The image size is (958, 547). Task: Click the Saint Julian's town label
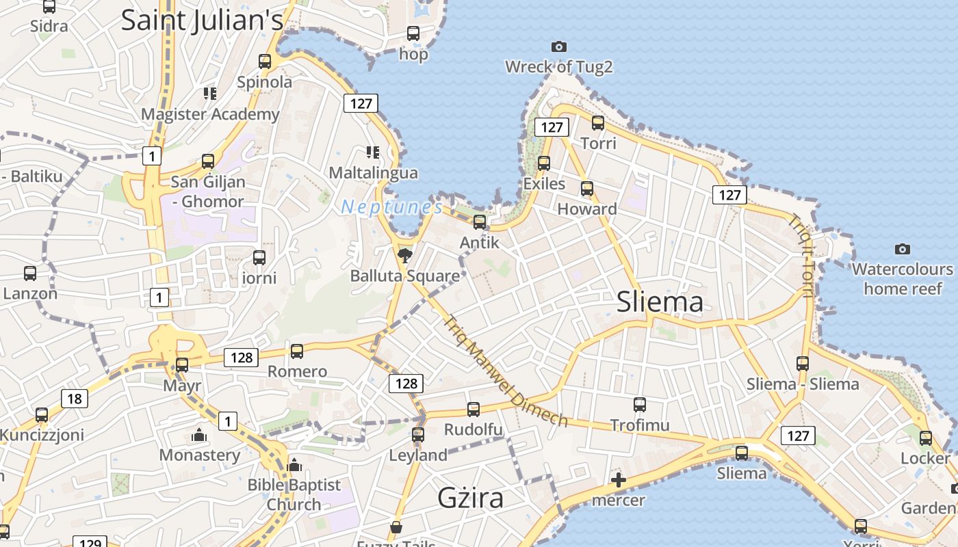202,20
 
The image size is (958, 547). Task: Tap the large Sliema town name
660,302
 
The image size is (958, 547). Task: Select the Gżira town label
471,497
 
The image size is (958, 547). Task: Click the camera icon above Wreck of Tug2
559,46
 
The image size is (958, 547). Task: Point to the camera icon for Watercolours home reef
903,249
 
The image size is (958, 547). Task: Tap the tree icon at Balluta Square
405,256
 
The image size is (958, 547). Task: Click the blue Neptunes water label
392,206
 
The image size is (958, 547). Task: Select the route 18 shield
75,399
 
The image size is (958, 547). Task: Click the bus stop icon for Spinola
265,61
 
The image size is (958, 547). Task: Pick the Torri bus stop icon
598,123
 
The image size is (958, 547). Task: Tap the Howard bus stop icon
587,189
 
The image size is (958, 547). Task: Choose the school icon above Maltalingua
373,152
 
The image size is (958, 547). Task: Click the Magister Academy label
210,114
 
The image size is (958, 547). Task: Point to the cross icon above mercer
619,480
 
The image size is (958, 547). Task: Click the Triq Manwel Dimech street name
506,371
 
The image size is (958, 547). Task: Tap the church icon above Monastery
199,435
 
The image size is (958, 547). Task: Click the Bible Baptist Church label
294,494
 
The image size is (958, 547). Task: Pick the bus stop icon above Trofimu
640,405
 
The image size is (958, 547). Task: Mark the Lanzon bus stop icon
30,273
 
